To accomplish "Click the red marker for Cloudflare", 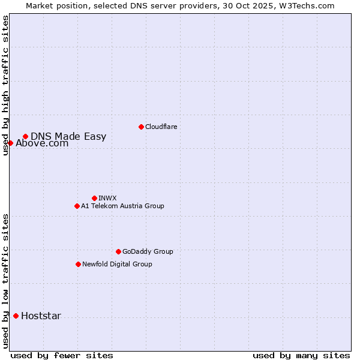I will [x=141, y=127].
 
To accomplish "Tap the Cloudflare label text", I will [x=161, y=127].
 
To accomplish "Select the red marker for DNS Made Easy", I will [x=25, y=136].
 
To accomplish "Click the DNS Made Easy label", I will [x=68, y=136].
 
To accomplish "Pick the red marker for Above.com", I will [x=10, y=143].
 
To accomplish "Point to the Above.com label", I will [x=42, y=143].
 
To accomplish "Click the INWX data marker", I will [x=94, y=198].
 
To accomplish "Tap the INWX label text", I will [x=107, y=198].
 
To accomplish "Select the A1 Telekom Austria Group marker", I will [x=77, y=206].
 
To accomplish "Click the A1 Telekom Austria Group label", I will [x=122, y=206].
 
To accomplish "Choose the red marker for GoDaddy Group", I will [x=118, y=251].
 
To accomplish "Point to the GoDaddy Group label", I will [x=148, y=251].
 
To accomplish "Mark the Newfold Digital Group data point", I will [x=78, y=264].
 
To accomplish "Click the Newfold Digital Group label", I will [x=117, y=264].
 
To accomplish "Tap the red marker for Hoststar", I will [x=16, y=316].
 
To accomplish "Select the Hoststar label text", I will [x=41, y=316].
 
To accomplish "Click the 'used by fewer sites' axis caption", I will [x=62, y=355].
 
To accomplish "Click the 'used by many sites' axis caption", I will [x=301, y=355].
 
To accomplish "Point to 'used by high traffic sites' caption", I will [x=6, y=86].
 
